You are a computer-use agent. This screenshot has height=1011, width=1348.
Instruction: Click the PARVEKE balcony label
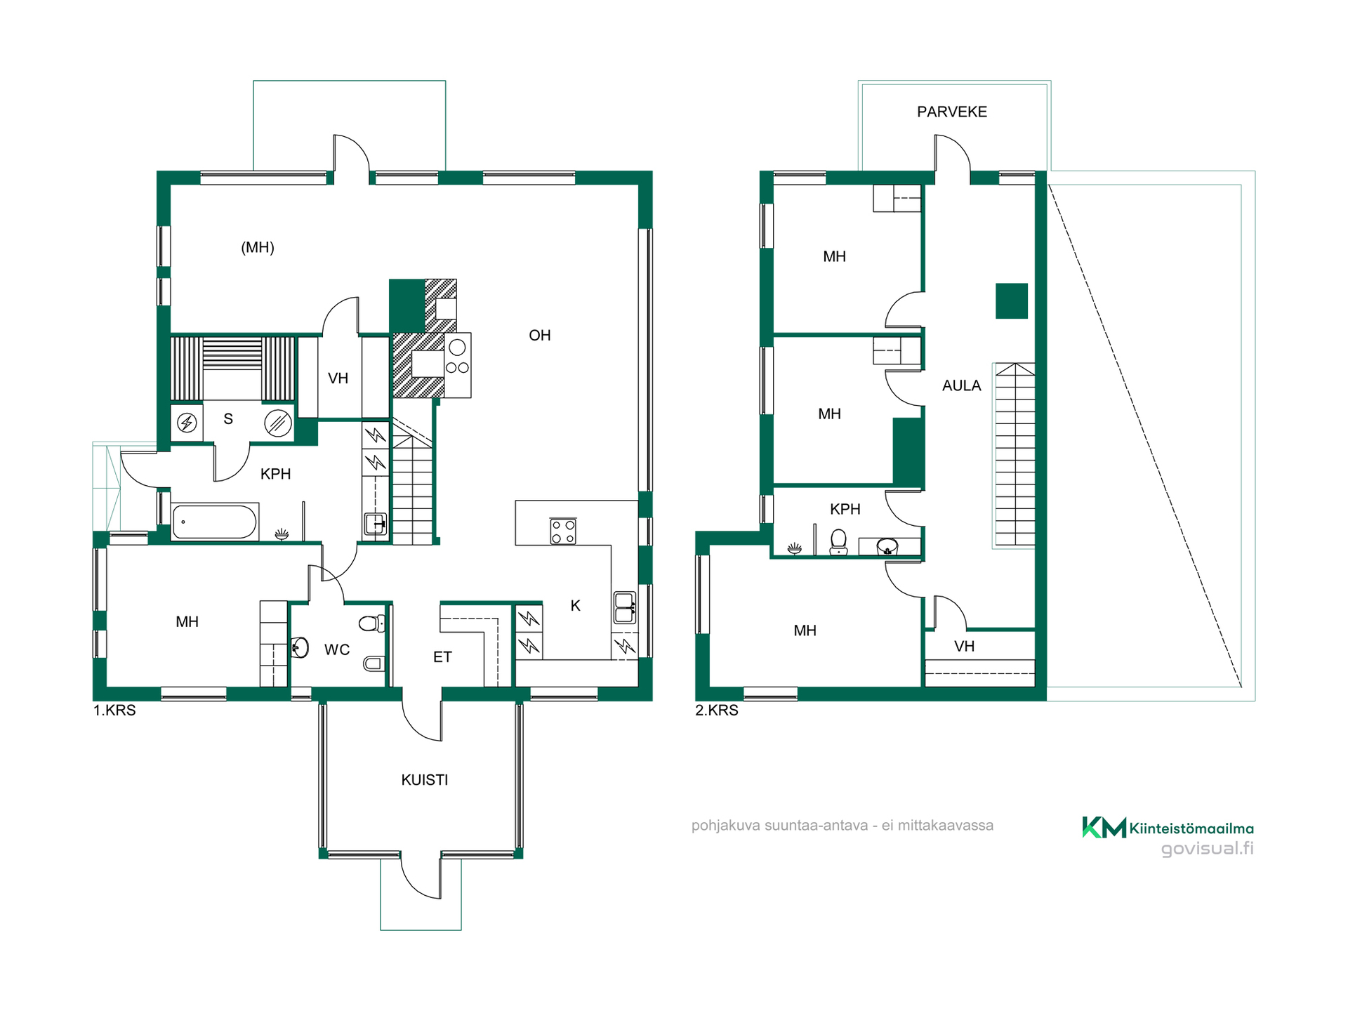tap(952, 112)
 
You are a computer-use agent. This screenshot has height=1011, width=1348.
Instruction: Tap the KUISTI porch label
tap(425, 780)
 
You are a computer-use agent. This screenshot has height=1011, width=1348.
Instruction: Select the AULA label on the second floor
tap(962, 385)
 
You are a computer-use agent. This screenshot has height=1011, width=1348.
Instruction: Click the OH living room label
tap(540, 336)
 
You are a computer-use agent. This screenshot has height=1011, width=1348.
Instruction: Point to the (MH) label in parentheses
tap(258, 247)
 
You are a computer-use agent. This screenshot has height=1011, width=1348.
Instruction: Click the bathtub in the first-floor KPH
tap(215, 522)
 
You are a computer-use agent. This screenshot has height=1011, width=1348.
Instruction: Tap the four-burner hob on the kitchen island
tap(563, 531)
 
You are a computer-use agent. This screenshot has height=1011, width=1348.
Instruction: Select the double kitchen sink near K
tap(625, 608)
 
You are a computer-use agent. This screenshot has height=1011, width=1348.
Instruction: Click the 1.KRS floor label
tap(114, 711)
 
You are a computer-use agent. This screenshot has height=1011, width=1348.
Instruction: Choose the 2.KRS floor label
tap(717, 711)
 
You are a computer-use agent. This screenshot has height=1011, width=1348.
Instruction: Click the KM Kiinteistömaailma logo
tap(1168, 828)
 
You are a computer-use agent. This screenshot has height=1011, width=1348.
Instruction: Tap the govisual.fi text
tap(1208, 849)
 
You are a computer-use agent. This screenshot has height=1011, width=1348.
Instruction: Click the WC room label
tap(337, 650)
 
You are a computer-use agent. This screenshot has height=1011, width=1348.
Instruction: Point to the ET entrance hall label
tap(442, 657)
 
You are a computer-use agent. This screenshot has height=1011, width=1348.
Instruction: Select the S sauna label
tap(228, 419)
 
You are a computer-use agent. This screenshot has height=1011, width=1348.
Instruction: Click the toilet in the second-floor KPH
tap(838, 542)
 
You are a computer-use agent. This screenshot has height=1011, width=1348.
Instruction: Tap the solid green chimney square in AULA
tap(1012, 301)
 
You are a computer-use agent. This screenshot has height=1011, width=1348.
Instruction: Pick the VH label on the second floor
tap(965, 647)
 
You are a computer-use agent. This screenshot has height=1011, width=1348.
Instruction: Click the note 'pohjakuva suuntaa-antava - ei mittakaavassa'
tap(842, 826)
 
